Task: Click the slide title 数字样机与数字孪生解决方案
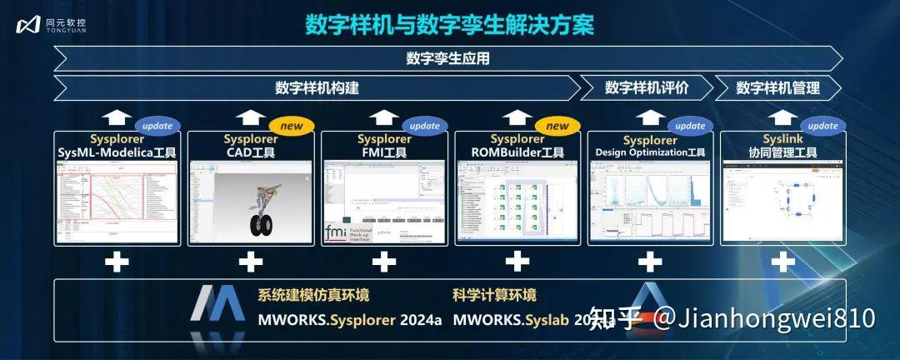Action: pyautogui.click(x=450, y=25)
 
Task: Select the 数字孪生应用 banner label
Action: pyautogui.click(x=447, y=58)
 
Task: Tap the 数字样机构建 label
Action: pyautogui.click(x=317, y=87)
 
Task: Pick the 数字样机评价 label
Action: pyautogui.click(x=647, y=87)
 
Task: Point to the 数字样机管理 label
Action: pyautogui.click(x=777, y=87)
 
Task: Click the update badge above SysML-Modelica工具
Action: pyautogui.click(x=157, y=126)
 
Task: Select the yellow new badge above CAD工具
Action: pyautogui.click(x=291, y=126)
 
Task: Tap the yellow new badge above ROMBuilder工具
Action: pyautogui.click(x=557, y=126)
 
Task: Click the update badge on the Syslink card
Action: pyautogui.click(x=823, y=126)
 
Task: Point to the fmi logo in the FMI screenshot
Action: pyautogui.click(x=335, y=232)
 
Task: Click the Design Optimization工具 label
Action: pyautogui.click(x=650, y=152)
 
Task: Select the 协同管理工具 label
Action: pyautogui.click(x=782, y=152)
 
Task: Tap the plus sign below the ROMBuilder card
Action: pyautogui.click(x=517, y=262)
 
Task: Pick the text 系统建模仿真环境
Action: pyautogui.click(x=313, y=295)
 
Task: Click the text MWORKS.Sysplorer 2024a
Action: pyautogui.click(x=349, y=319)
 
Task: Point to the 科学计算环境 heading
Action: pyautogui.click(x=494, y=295)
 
